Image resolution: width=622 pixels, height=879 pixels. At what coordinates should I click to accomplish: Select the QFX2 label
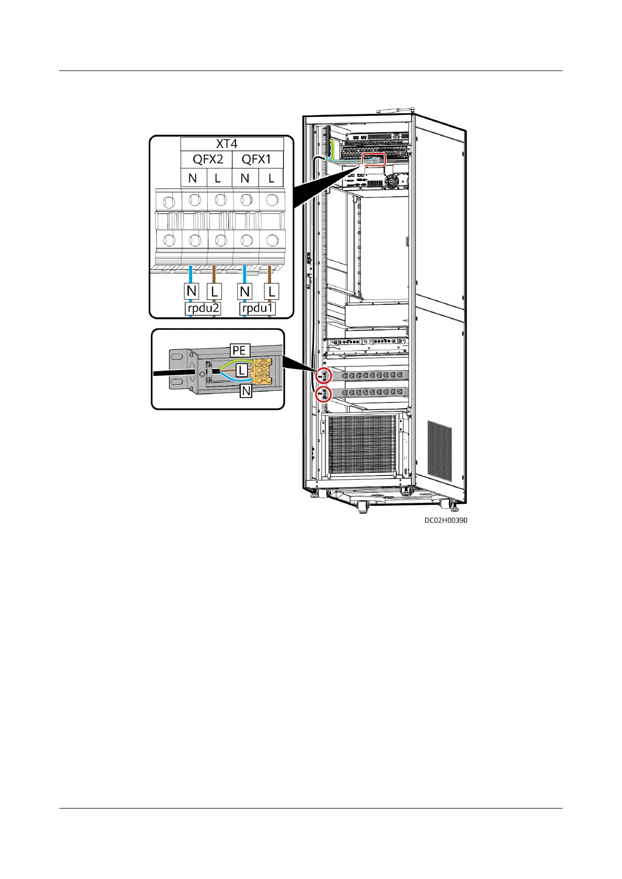coord(208,160)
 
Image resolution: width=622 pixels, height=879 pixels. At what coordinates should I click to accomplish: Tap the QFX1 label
coord(256,160)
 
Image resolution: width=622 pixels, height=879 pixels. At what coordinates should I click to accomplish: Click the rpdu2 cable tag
coord(203,308)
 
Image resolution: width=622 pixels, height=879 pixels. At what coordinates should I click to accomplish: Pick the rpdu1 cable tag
coord(257,308)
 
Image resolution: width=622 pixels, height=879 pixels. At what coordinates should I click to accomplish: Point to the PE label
coord(239,350)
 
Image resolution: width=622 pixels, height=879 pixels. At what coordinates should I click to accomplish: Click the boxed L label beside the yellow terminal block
coord(241,371)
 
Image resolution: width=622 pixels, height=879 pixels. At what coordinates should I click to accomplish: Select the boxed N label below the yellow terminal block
coord(246,390)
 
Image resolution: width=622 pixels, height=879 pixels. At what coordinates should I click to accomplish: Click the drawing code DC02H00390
coord(445,520)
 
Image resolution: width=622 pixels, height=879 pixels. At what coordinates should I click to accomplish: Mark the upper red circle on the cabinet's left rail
coord(324,375)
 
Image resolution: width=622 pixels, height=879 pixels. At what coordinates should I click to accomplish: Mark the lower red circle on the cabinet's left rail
coord(324,394)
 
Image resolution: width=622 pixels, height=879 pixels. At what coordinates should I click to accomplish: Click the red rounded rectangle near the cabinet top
coord(373,159)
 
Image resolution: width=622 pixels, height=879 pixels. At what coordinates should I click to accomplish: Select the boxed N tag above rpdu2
coord(192,291)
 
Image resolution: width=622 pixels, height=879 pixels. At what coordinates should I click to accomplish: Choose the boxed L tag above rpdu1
coord(271,291)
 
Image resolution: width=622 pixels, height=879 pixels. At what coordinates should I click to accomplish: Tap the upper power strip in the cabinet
coord(372,375)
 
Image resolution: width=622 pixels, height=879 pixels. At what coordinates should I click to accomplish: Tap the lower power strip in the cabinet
coord(372,392)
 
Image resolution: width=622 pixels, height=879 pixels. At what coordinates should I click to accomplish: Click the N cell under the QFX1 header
coord(245,178)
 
